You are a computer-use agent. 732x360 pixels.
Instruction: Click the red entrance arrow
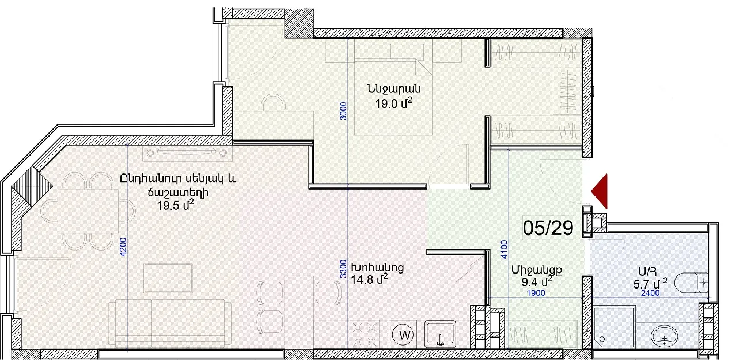(601, 191)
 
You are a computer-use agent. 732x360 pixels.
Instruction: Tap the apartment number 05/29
(548, 228)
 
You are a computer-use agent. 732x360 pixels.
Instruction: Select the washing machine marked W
(404, 335)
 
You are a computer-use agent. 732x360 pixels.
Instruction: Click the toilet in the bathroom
(691, 283)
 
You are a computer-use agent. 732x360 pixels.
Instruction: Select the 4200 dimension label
(123, 247)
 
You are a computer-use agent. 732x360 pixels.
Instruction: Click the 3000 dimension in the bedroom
(343, 111)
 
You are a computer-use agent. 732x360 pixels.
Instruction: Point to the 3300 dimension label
(343, 269)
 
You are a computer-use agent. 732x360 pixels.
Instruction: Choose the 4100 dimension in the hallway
(505, 249)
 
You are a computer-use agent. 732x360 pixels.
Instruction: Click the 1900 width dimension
(536, 293)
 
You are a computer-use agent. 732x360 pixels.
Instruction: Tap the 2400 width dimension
(650, 293)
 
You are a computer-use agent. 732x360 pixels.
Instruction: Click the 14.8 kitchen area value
(369, 279)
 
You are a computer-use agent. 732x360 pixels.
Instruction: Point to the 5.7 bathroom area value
(650, 284)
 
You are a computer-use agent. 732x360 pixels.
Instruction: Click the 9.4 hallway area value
(537, 281)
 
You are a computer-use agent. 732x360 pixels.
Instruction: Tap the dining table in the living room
(88, 211)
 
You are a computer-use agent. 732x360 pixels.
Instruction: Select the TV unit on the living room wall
(187, 153)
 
